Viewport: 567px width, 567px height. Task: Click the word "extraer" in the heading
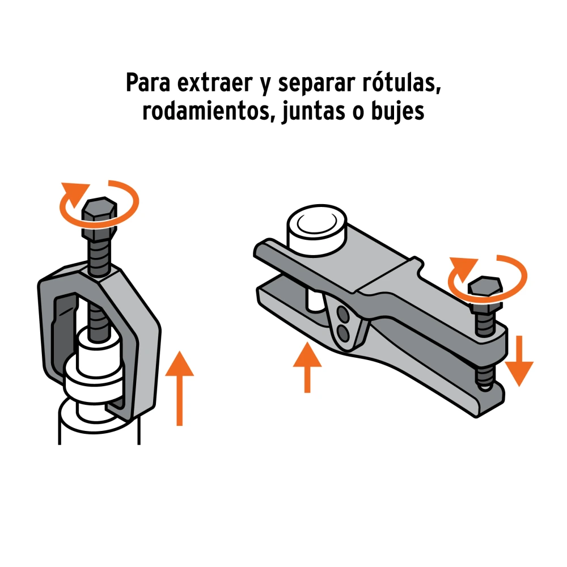[215, 83]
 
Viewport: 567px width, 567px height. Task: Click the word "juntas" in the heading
[313, 112]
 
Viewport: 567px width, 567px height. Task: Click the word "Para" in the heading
[148, 83]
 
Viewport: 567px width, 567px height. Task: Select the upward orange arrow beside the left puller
[179, 388]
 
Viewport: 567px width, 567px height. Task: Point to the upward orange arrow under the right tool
[307, 367]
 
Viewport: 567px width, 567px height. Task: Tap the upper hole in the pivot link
[343, 314]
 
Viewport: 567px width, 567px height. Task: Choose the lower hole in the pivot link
[343, 334]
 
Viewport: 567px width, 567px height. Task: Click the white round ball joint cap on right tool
[317, 230]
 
